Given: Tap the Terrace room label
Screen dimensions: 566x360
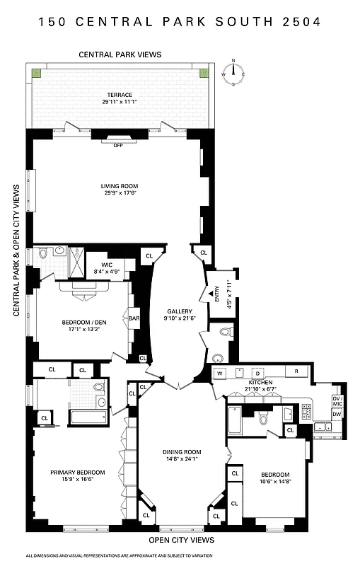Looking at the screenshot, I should coord(120,95).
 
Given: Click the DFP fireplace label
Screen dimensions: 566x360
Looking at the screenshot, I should coord(118,146).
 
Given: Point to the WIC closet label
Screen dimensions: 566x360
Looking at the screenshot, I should coord(107,265).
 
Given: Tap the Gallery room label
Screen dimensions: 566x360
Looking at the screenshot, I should coord(180,311).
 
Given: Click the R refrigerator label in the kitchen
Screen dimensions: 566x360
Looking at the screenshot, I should coord(296,372).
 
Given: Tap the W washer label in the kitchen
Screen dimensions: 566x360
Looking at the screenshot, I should coord(220,372).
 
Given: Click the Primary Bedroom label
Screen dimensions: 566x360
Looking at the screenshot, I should coord(77,472).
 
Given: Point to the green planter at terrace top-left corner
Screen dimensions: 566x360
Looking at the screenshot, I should coord(36,73).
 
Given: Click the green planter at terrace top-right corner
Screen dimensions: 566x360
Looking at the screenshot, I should coord(203,73).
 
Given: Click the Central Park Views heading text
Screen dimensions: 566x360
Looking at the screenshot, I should coord(120,54).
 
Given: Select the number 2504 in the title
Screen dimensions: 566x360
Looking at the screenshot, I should coord(299,22).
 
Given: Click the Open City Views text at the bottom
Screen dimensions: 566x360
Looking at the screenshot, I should coord(181,540).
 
